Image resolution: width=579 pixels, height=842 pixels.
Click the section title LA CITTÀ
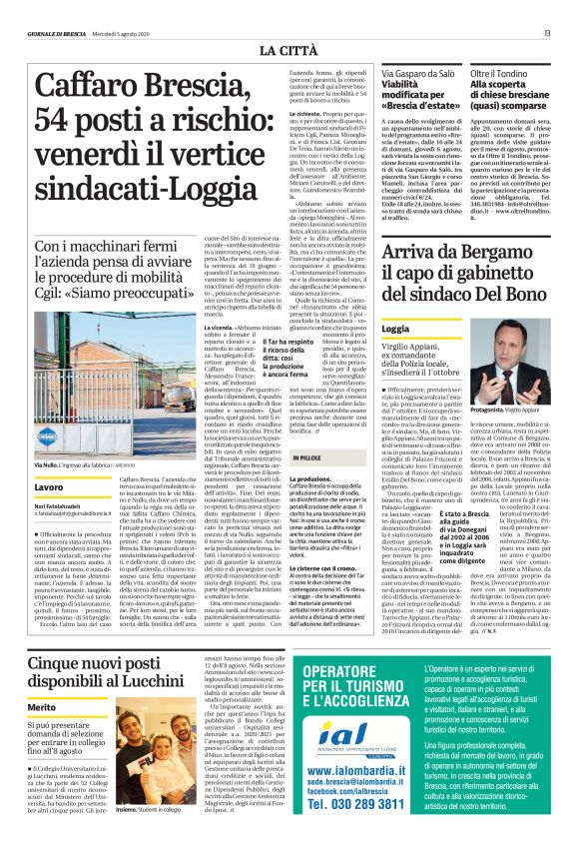289,49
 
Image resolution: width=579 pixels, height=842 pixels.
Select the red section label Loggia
395,328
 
